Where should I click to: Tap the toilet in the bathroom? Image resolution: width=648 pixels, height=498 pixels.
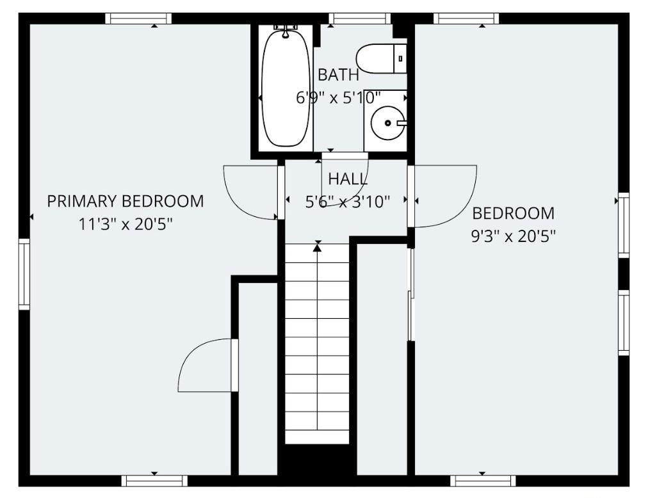[381, 58]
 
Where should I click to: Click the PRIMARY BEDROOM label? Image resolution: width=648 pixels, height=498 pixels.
[126, 202]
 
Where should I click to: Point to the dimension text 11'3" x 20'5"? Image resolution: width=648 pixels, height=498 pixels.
[126, 225]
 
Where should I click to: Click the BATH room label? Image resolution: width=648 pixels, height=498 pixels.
[338, 75]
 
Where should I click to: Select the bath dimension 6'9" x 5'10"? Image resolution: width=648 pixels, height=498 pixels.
[338, 98]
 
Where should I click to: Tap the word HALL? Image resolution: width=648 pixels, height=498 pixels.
[348, 179]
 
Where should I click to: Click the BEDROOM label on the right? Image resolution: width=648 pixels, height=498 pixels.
[513, 213]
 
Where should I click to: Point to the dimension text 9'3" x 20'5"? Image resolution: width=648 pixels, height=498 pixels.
[513, 236]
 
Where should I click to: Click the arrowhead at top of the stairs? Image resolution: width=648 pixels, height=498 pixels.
[317, 246]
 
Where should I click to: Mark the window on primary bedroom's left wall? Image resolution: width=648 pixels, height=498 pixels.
[24, 273]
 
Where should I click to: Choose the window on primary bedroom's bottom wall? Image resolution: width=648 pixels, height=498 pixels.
[154, 480]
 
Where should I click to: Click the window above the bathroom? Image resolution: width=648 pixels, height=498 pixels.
[359, 19]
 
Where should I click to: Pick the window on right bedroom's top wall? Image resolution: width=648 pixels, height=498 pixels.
[466, 19]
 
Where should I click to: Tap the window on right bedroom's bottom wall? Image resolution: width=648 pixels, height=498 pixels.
[483, 480]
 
